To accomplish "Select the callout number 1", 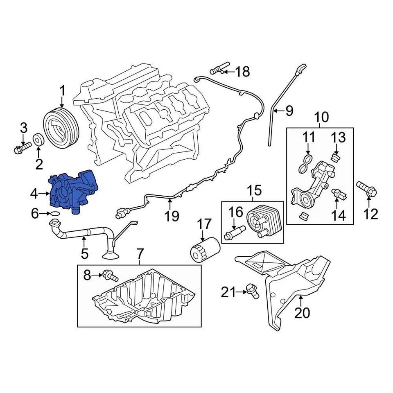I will (x=63, y=90).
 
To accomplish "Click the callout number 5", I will (x=84, y=253).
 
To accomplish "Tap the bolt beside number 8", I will (x=110, y=276).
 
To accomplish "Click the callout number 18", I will (x=242, y=72).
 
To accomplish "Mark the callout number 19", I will (x=172, y=216).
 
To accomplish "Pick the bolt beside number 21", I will (x=252, y=291).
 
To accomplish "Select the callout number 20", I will (x=303, y=313).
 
